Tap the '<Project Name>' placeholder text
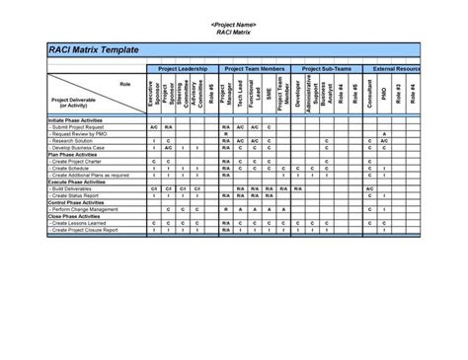point(234,23)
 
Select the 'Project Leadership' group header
point(180,69)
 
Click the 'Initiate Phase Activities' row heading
point(75,119)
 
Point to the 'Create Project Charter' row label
point(82,162)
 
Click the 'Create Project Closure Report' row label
point(90,230)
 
